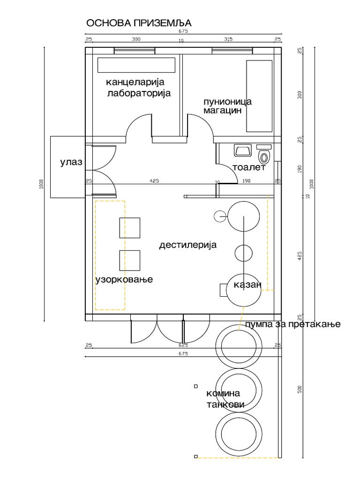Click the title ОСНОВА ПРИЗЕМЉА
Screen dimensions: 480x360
point(139,23)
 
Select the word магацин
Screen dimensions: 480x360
point(222,111)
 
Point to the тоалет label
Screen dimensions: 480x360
point(249,167)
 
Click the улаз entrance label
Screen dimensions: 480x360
point(71,163)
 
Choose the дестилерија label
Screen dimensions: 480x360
point(187,245)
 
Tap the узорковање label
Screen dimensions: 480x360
point(124,280)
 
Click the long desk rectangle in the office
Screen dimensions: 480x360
point(136,65)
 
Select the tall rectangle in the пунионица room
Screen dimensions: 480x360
point(259,96)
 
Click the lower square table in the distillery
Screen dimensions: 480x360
point(130,261)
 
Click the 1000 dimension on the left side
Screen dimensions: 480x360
point(41,184)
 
